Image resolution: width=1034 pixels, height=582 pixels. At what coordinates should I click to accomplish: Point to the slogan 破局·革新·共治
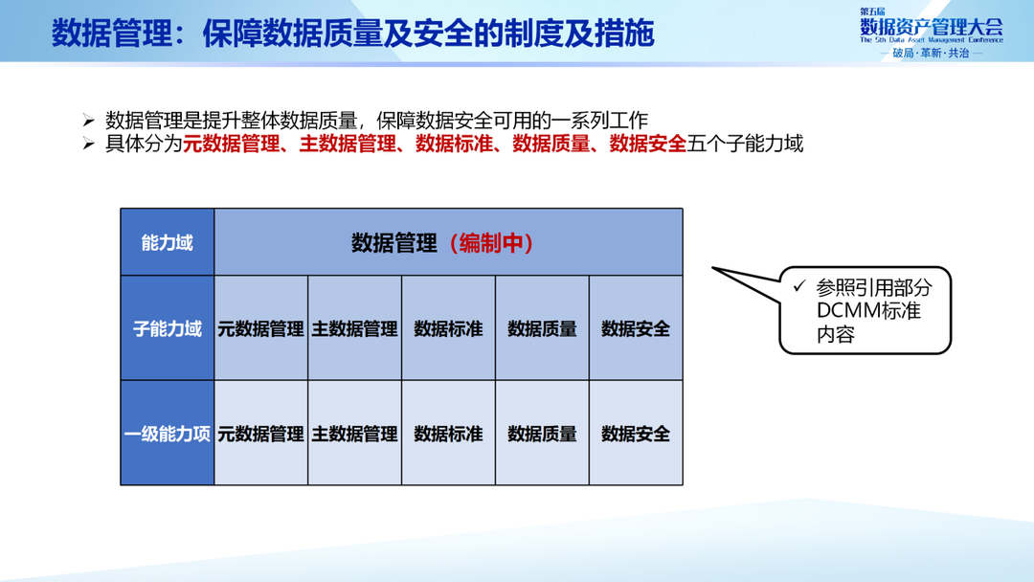(931, 54)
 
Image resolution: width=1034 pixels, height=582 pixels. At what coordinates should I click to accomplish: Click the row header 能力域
(167, 243)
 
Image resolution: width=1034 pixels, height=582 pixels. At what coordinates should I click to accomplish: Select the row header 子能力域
(167, 329)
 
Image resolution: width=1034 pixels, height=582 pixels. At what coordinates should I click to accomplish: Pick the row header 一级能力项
(167, 434)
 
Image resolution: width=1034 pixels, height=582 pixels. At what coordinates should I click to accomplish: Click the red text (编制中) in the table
(490, 243)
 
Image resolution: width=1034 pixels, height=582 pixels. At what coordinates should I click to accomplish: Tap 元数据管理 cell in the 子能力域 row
(260, 329)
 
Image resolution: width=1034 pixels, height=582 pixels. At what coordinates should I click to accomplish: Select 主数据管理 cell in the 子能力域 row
(354, 329)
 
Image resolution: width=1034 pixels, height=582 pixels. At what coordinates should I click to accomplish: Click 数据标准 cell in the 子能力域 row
(448, 329)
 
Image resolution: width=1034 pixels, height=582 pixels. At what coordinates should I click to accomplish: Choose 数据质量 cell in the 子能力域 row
(542, 329)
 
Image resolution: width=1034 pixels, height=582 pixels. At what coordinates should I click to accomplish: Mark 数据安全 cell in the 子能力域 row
(636, 329)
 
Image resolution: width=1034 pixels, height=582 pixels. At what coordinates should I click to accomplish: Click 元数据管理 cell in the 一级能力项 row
(260, 434)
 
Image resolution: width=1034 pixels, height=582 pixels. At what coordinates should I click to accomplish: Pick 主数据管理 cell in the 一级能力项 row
(354, 434)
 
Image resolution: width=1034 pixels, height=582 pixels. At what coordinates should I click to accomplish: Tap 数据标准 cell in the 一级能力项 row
(448, 434)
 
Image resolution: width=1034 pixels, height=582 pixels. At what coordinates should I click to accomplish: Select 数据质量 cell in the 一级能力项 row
(542, 434)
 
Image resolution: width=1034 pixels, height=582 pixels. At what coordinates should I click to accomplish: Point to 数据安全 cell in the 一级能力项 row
(636, 434)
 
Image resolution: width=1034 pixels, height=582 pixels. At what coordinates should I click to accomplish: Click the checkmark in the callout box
(798, 286)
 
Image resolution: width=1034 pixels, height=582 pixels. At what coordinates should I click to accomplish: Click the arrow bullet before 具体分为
(88, 145)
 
